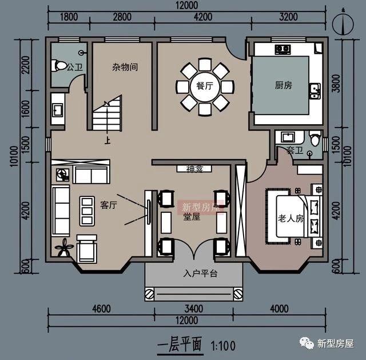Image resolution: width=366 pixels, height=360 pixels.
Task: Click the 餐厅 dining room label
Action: pyautogui.click(x=205, y=86)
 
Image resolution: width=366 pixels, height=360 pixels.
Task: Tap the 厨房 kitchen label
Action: pyautogui.click(x=283, y=85)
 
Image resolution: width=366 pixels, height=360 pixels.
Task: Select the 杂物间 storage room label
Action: pyautogui.click(x=124, y=67)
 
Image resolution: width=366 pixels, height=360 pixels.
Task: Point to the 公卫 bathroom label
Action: pyautogui.click(x=75, y=68)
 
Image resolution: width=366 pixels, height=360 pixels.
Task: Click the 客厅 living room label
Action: pyautogui.click(x=109, y=205)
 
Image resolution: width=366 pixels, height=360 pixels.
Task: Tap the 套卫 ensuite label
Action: pyautogui.click(x=295, y=151)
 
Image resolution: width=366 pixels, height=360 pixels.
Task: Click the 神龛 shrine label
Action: pyautogui.click(x=194, y=169)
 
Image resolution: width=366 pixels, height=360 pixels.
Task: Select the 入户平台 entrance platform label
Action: pyautogui.click(x=196, y=274)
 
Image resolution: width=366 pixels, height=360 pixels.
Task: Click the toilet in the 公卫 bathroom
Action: pyautogui.click(x=59, y=66)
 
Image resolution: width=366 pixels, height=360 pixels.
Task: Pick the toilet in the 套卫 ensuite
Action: pyautogui.click(x=313, y=139)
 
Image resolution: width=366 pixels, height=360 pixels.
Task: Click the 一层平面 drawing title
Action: pyautogui.click(x=180, y=345)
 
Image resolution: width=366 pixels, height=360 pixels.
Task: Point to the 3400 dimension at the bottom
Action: pyautogui.click(x=195, y=309)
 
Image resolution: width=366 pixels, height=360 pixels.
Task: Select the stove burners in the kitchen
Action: pyautogui.click(x=283, y=49)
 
